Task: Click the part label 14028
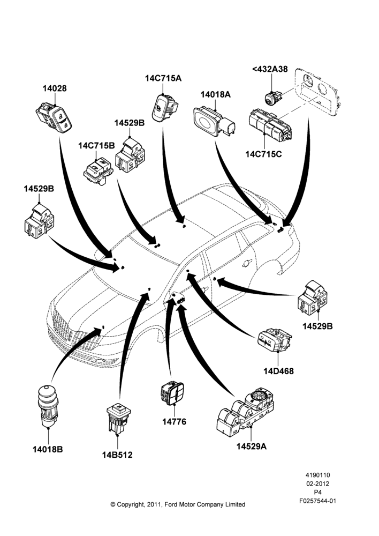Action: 55,88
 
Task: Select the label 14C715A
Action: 163,78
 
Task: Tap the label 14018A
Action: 215,94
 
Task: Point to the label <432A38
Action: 270,69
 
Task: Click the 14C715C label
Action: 263,154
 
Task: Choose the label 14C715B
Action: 97,146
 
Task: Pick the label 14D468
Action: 278,371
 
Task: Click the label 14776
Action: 174,422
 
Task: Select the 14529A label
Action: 252,446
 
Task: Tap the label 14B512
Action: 117,455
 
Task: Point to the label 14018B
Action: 48,449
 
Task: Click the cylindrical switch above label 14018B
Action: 48,406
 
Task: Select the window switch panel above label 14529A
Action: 246,408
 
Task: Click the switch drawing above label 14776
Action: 172,393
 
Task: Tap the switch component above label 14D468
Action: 274,340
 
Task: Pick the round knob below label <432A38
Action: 273,98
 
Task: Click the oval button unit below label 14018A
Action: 215,122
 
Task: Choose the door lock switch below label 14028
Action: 54,118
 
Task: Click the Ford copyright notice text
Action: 178,504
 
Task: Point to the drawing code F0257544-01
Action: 317,501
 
